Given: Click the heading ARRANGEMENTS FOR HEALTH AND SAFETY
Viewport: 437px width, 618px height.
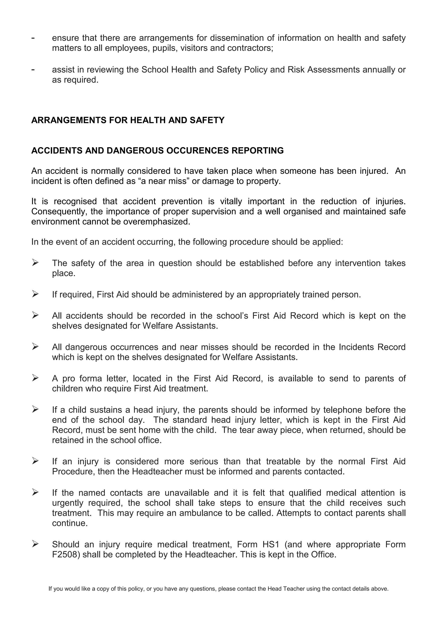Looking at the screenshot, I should [x=128, y=120].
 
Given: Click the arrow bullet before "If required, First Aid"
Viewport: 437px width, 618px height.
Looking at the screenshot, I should [x=35, y=294].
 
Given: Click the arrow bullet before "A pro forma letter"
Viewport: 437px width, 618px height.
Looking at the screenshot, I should [x=35, y=378].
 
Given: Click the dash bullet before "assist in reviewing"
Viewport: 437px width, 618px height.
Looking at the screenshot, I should [x=33, y=69].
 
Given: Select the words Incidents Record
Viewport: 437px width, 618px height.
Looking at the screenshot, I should [x=372, y=347].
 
